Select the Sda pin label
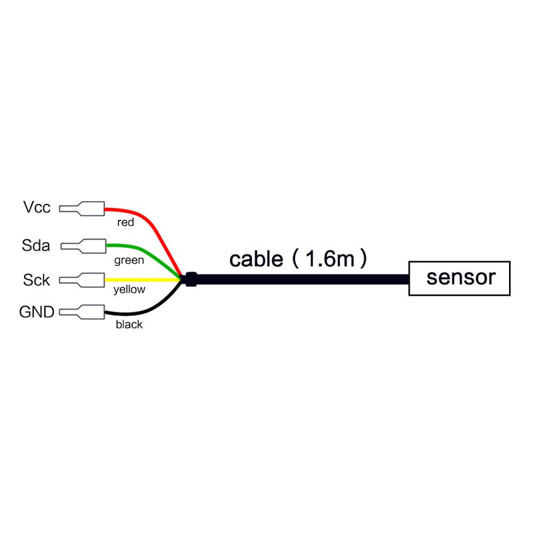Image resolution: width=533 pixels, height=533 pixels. click(36, 245)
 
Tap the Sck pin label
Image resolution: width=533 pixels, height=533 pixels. click(36, 280)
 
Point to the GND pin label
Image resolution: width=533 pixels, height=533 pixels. click(37, 312)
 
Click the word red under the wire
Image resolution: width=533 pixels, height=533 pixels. click(126, 222)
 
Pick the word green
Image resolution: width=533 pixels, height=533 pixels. click(129, 260)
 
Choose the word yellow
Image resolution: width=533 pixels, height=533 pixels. click(129, 290)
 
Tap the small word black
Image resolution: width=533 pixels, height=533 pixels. click(129, 325)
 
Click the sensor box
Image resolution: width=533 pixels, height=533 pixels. click(460, 277)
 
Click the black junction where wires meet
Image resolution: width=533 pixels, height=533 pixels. click(191, 280)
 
